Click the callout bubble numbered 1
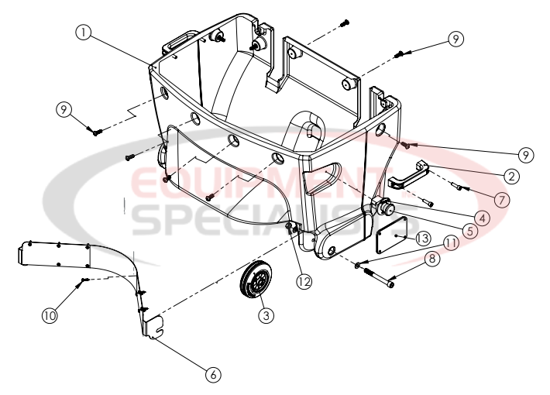84,33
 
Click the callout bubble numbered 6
211,373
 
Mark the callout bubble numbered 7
500,199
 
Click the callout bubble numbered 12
304,281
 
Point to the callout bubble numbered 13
422,236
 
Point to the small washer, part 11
357,266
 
